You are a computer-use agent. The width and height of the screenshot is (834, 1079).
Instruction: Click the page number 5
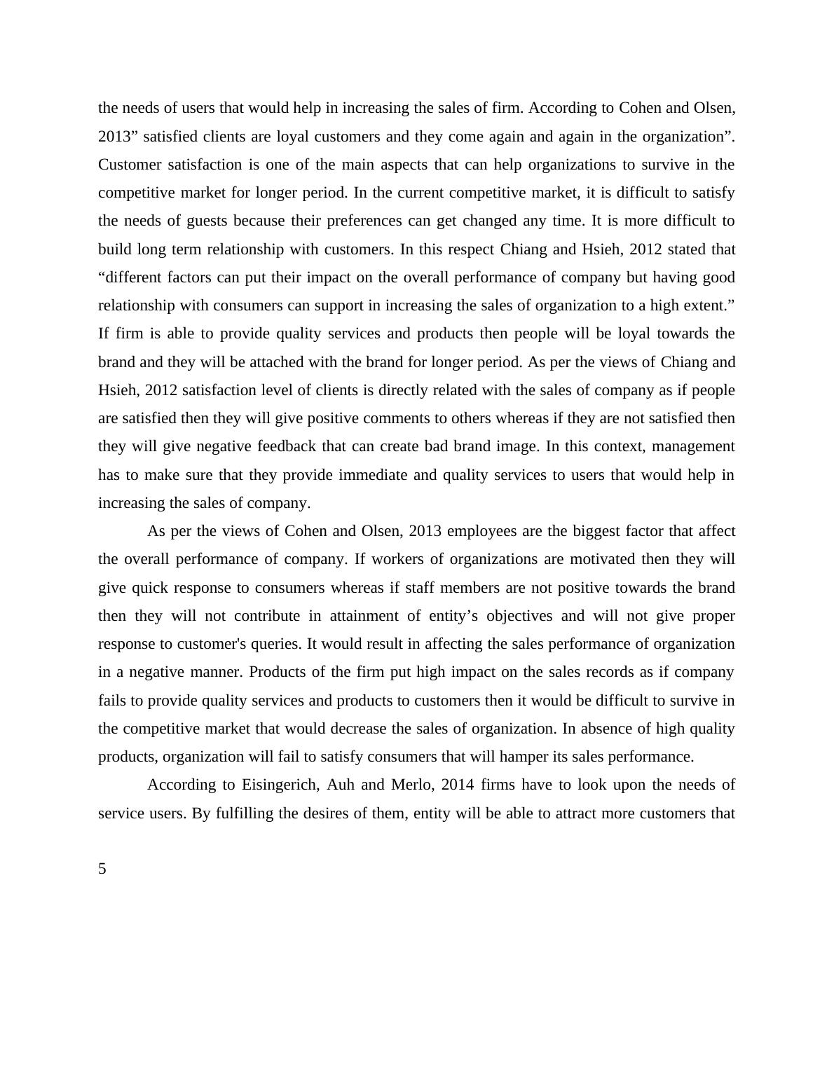102,869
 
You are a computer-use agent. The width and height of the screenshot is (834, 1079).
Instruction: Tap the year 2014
458,785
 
